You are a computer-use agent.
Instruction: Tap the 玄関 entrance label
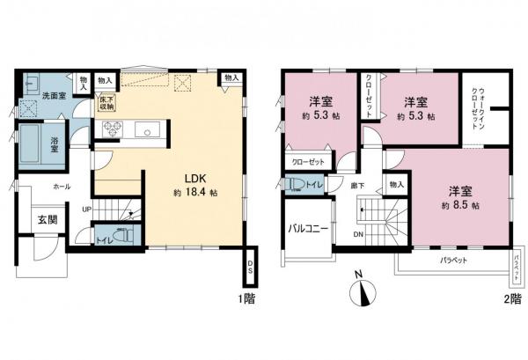tap(48, 218)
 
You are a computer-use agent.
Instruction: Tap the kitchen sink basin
tap(146, 133)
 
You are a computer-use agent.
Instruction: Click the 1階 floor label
tap(246, 298)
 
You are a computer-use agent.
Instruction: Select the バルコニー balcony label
tap(307, 230)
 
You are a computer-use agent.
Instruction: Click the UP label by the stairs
tap(85, 209)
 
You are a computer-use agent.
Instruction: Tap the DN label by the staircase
tap(359, 235)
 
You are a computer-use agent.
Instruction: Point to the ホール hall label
tap(62, 187)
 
